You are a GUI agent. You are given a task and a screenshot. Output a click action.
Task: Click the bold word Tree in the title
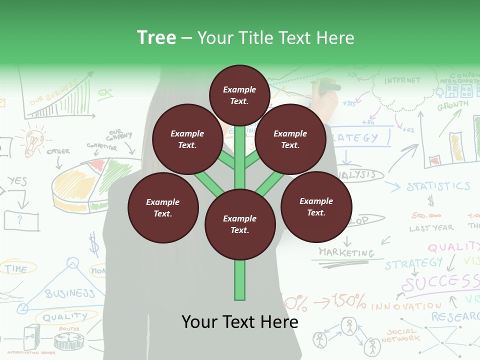pyautogui.click(x=156, y=37)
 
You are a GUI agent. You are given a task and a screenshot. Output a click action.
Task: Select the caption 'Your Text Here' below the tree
pyautogui.click(x=239, y=322)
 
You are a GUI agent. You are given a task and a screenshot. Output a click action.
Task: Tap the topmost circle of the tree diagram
pyautogui.click(x=239, y=95)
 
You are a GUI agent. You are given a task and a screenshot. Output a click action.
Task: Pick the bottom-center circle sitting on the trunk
pyautogui.click(x=240, y=224)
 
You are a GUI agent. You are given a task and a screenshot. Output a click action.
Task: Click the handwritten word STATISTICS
pyautogui.click(x=438, y=187)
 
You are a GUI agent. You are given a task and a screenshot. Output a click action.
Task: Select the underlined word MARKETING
pyautogui.click(x=346, y=252)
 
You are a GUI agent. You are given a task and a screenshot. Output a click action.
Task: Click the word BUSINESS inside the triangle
pyautogui.click(x=69, y=293)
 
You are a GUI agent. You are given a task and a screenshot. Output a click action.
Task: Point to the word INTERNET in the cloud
pyautogui.click(x=402, y=80)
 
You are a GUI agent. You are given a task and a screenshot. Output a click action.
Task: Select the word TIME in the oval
pyautogui.click(x=16, y=269)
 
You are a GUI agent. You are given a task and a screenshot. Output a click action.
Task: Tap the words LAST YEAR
pyautogui.click(x=431, y=228)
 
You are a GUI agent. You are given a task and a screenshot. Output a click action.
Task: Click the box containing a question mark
pyautogui.click(x=21, y=220)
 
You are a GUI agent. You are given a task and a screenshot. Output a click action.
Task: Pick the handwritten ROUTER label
pyautogui.click(x=69, y=329)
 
